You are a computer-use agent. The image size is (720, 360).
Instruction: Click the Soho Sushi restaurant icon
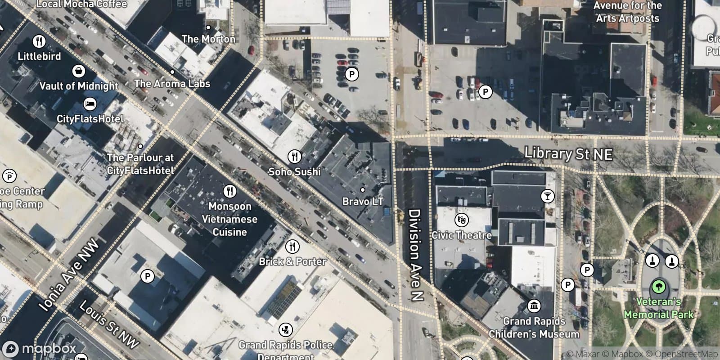(x=294, y=156)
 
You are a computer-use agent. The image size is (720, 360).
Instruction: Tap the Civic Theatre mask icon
(x=462, y=220)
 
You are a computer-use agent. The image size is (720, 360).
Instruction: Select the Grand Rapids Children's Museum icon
(x=534, y=306)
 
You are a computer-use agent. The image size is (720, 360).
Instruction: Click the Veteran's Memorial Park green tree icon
(x=658, y=286)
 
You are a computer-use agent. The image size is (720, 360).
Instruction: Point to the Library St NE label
(x=568, y=154)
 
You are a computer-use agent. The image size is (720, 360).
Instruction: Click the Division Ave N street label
(x=415, y=255)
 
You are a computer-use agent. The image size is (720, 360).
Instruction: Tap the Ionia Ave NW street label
(x=69, y=276)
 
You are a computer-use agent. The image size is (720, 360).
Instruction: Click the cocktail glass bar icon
(x=547, y=196)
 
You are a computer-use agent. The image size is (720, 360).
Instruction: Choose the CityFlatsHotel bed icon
(x=90, y=104)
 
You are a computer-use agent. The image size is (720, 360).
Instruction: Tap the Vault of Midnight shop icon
(x=79, y=71)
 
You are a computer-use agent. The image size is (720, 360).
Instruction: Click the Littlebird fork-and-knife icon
(x=39, y=41)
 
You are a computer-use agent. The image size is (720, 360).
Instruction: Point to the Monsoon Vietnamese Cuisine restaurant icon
(x=229, y=191)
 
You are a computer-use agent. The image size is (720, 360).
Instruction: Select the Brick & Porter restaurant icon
(x=292, y=246)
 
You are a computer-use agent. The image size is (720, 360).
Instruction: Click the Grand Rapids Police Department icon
(x=285, y=330)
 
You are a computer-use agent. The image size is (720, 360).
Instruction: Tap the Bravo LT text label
(x=363, y=202)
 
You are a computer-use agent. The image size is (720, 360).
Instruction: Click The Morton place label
(x=208, y=39)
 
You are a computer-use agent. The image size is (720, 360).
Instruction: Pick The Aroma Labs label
(x=172, y=83)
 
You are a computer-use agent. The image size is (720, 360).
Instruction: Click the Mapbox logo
(x=40, y=349)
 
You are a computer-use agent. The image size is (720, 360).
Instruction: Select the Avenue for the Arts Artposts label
(x=627, y=12)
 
